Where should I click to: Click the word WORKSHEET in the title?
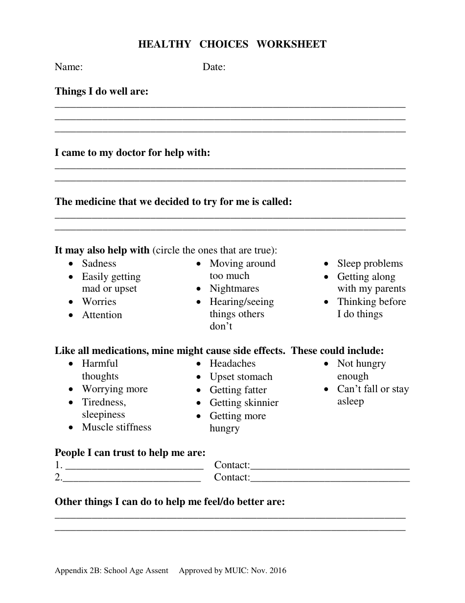click(x=291, y=45)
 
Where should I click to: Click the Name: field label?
click(x=69, y=67)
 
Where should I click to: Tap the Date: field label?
click(x=214, y=67)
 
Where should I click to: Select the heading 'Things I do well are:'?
click(x=101, y=91)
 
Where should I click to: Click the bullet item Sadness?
click(x=99, y=264)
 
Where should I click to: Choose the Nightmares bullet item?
click(x=234, y=289)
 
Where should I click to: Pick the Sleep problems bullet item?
click(x=370, y=264)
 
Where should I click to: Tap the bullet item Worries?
click(x=99, y=302)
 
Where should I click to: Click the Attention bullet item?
click(x=102, y=315)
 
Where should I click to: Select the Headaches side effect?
click(x=232, y=364)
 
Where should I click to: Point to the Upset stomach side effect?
click(x=241, y=377)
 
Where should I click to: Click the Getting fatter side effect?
click(x=238, y=390)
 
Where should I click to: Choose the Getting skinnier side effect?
click(x=244, y=403)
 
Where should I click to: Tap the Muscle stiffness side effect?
click(x=116, y=427)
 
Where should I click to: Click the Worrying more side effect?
click(x=115, y=389)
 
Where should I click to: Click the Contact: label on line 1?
click(x=232, y=465)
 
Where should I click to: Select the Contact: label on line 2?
click(x=232, y=477)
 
